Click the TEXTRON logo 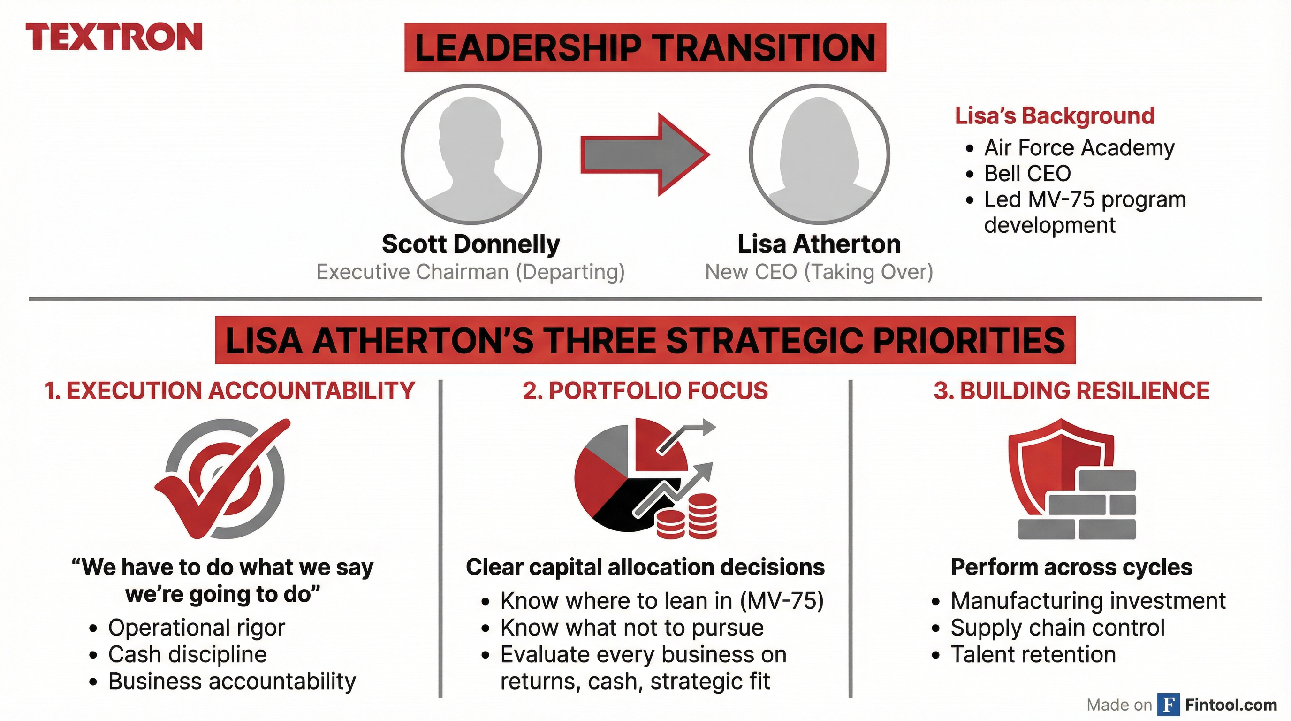coord(114,37)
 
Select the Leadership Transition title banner coord(645,47)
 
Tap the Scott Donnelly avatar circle coord(471,154)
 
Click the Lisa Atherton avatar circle coord(820,154)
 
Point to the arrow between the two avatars coord(645,154)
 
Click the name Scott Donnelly coord(471,244)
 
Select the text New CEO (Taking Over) coord(819,272)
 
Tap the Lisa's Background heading coord(1055,116)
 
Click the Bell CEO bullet coord(1027,174)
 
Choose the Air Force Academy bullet coord(1078,148)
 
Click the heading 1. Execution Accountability coord(229,391)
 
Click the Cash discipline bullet coord(188,654)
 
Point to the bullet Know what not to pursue coord(631,628)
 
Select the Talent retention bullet coord(1033,654)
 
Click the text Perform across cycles coord(1071,568)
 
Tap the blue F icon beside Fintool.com coord(1169,705)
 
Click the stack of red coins coord(687,516)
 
